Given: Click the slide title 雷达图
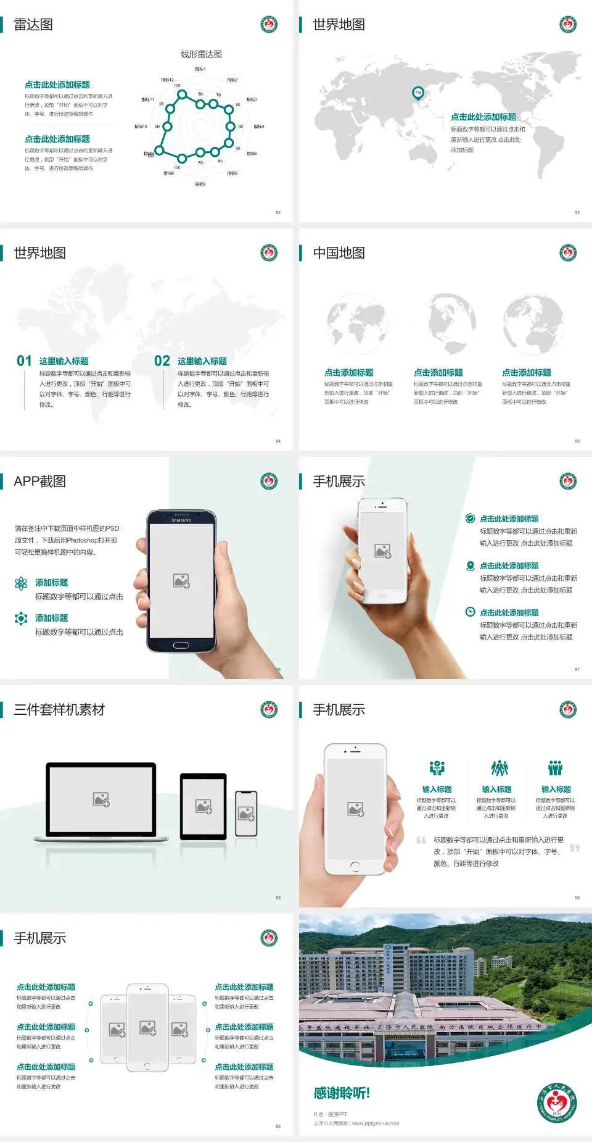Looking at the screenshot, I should pyautogui.click(x=33, y=25).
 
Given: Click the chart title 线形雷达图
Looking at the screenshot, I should pyautogui.click(x=201, y=54).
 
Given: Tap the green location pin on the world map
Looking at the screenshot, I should pyautogui.click(x=417, y=93).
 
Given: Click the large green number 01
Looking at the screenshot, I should pyautogui.click(x=24, y=361).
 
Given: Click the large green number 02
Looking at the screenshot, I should pyautogui.click(x=162, y=361).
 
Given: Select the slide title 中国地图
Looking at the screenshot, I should pyautogui.click(x=339, y=253).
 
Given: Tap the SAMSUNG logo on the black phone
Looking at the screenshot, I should pyautogui.click(x=181, y=520).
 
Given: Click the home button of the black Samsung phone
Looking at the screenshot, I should pyautogui.click(x=181, y=645).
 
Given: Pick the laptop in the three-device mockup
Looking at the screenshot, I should pyautogui.click(x=101, y=801).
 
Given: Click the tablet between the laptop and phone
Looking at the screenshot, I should pyautogui.click(x=203, y=806).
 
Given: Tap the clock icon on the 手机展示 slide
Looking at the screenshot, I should pyautogui.click(x=470, y=612).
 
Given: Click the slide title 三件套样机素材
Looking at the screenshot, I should pyautogui.click(x=59, y=710).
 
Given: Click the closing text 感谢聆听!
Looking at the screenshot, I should pyautogui.click(x=342, y=1093).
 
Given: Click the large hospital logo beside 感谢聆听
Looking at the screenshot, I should pyautogui.click(x=557, y=1103).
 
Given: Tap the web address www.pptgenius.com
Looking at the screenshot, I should pyautogui.click(x=376, y=1123).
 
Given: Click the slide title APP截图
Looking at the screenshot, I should pyautogui.click(x=39, y=481).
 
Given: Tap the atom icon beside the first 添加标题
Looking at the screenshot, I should pyautogui.click(x=21, y=583).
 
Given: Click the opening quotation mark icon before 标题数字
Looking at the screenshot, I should pyautogui.click(x=421, y=840).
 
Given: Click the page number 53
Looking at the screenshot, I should pyautogui.click(x=577, y=212).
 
